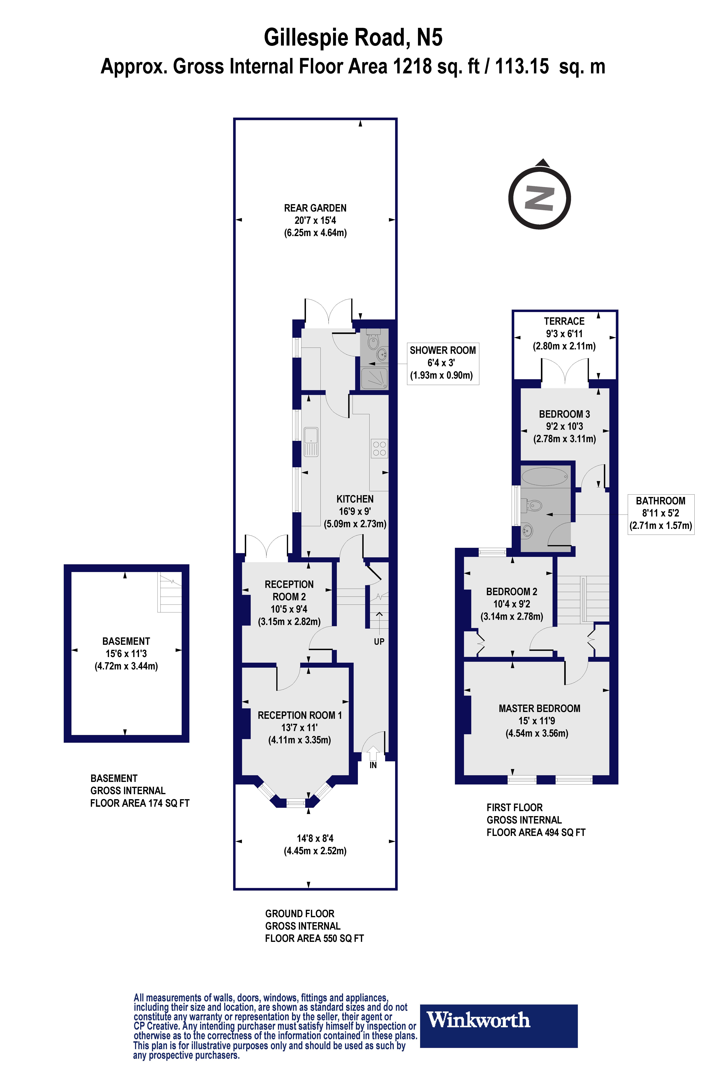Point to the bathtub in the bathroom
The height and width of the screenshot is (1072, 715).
[545, 477]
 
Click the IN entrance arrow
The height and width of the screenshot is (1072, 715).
[373, 754]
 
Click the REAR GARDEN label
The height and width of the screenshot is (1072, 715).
[315, 208]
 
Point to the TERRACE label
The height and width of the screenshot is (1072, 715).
[564, 321]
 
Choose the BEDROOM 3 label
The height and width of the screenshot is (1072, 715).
[564, 414]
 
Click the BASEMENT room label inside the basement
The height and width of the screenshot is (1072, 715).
[126, 641]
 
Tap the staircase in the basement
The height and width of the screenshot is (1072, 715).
[170, 592]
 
